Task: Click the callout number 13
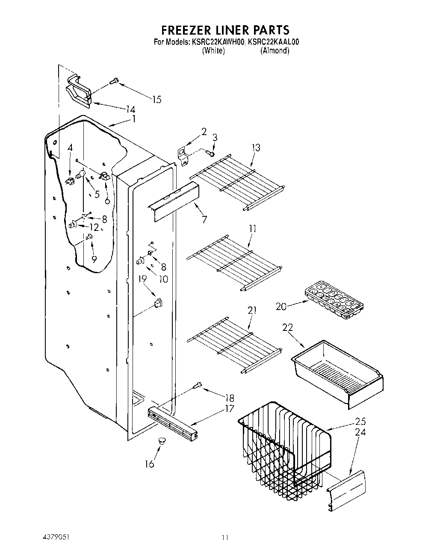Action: (x=256, y=148)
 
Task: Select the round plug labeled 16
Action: (x=161, y=440)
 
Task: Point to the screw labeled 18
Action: (x=198, y=385)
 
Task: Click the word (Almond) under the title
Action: (x=275, y=50)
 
